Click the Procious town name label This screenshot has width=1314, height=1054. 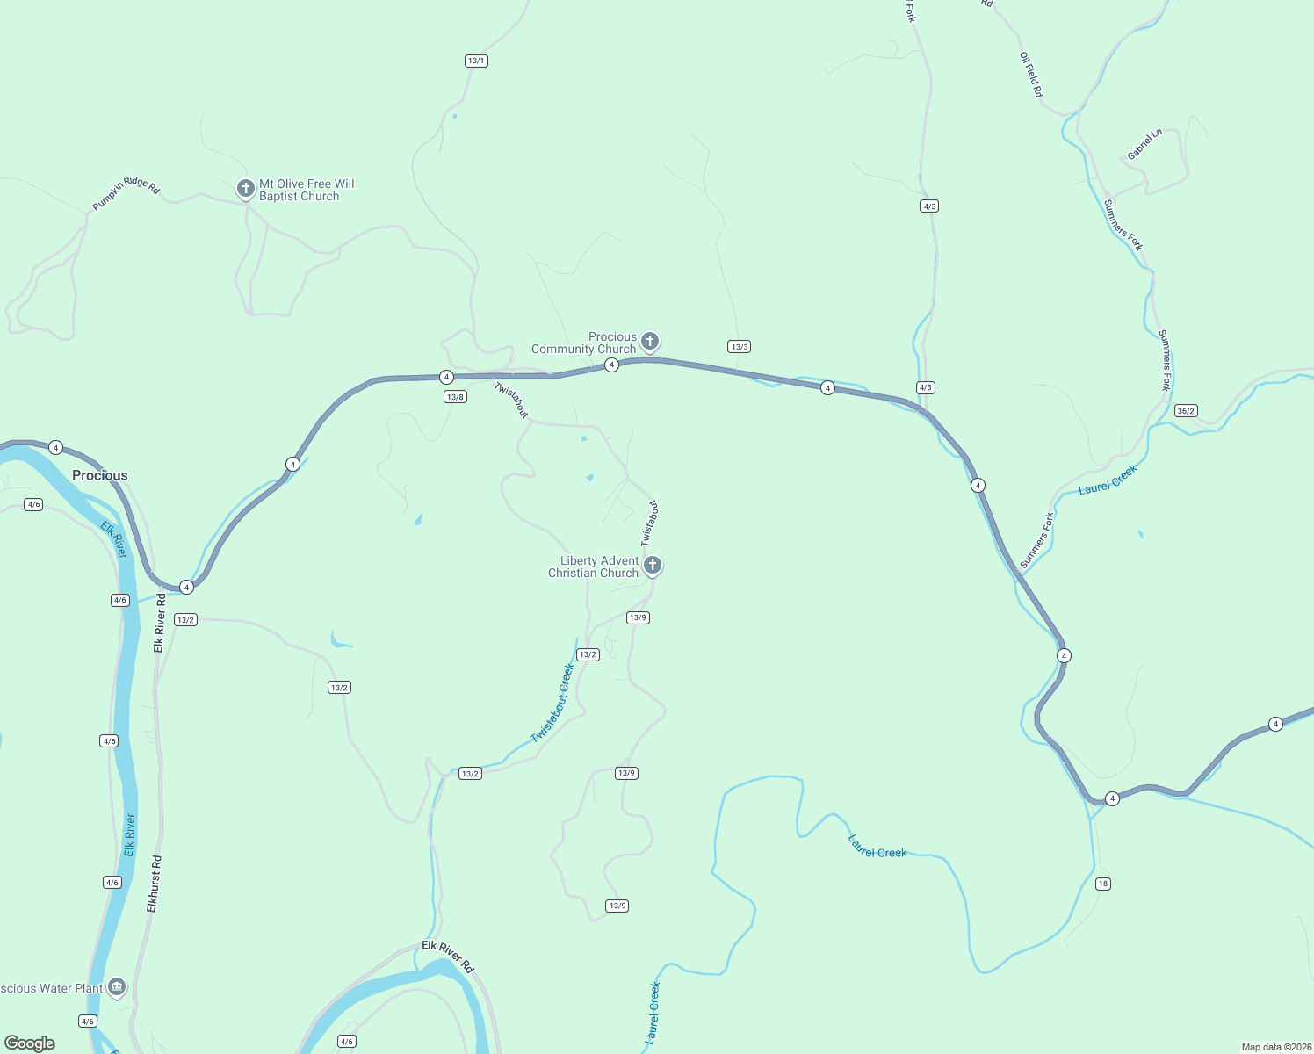100,475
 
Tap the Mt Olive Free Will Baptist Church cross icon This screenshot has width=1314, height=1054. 246,188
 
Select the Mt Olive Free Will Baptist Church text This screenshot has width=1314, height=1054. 307,191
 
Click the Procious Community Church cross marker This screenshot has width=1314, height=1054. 650,341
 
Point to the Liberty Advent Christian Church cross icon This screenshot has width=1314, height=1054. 653,565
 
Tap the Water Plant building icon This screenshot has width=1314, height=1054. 117,987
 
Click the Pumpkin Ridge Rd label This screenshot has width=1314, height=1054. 126,192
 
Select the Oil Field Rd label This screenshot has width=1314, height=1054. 1031,75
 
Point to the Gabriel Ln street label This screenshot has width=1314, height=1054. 1144,144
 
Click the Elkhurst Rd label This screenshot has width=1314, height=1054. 155,884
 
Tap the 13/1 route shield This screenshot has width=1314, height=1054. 476,61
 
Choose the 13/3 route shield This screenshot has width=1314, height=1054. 740,347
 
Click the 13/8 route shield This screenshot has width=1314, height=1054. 455,397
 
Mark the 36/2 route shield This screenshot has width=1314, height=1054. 1186,411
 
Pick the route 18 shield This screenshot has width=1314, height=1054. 1103,884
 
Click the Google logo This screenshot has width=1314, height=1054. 30,1043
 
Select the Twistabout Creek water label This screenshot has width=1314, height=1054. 553,704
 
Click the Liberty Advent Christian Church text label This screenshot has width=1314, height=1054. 595,567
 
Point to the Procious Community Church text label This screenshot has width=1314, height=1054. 584,343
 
